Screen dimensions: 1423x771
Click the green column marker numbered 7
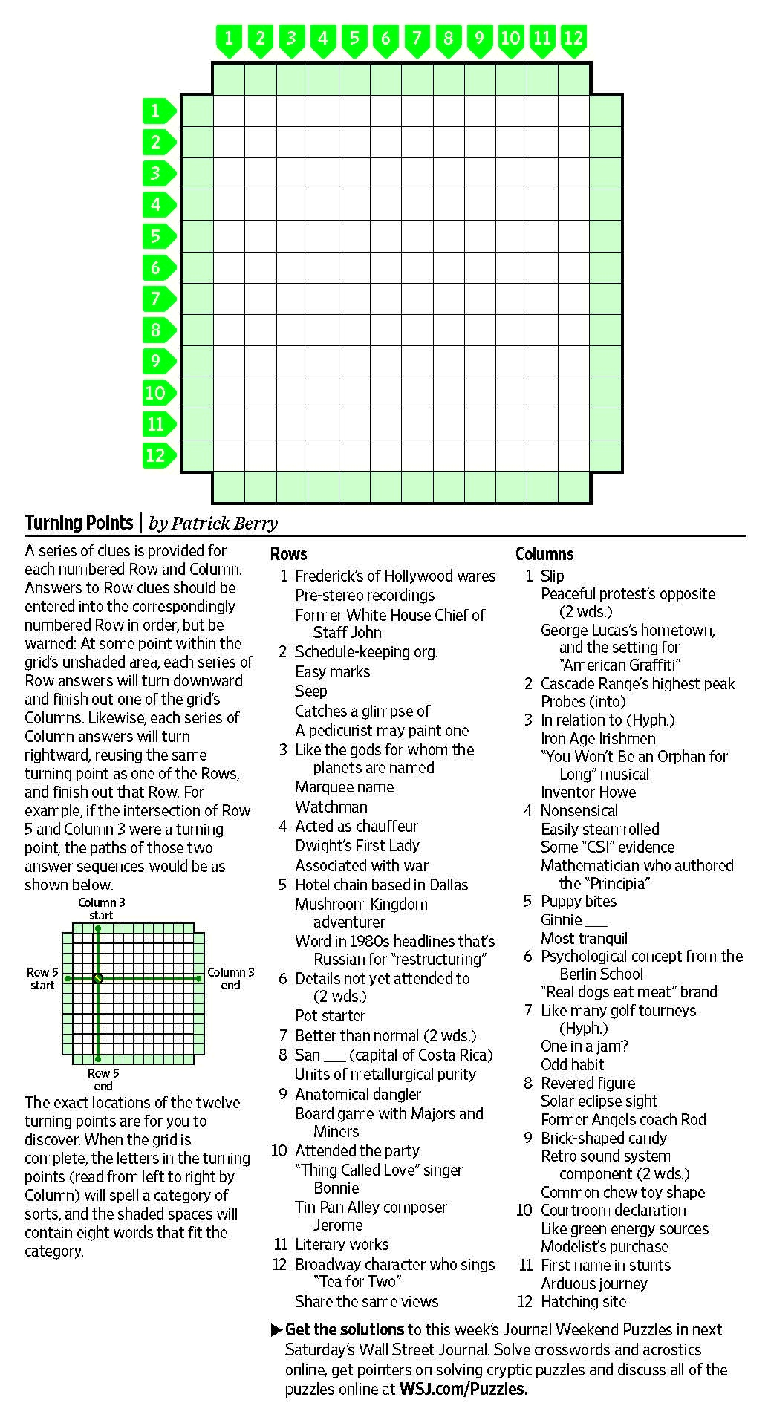point(417,39)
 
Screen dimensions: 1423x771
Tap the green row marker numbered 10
point(157,393)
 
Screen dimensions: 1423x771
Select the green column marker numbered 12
point(573,39)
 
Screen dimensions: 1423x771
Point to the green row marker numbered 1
point(157,111)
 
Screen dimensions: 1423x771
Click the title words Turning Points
point(79,523)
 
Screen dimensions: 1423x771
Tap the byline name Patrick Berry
point(224,524)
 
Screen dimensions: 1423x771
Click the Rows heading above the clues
point(288,554)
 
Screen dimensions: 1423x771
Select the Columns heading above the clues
point(544,554)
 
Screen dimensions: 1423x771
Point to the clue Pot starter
point(330,1015)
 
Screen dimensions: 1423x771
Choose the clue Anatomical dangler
point(358,1094)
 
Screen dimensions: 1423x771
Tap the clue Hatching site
point(583,1301)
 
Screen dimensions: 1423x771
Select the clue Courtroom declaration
point(613,1211)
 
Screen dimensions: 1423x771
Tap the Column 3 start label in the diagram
point(102,909)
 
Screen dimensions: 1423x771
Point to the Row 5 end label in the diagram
point(103,1079)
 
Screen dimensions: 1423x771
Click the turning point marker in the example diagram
point(97,979)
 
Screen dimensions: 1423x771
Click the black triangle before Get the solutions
point(276,1329)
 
